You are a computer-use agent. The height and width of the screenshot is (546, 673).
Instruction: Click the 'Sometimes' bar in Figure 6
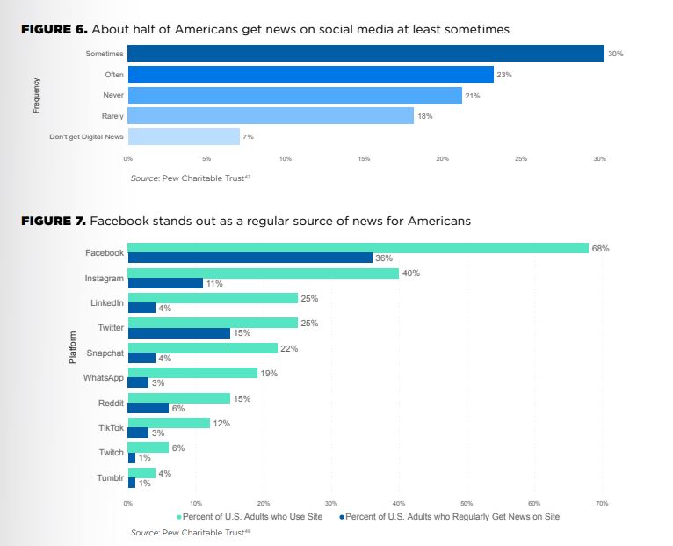[365, 54]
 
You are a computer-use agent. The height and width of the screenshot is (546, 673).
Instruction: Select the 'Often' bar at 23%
[310, 75]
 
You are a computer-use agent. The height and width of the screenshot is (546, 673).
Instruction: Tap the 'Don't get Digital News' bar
[184, 136]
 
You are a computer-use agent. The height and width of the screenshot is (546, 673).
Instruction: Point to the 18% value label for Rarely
[425, 116]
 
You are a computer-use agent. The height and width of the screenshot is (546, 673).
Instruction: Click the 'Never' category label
[113, 95]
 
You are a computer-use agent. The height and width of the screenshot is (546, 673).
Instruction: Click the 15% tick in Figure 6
[364, 158]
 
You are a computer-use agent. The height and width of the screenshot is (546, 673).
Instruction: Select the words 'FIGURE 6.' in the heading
[53, 30]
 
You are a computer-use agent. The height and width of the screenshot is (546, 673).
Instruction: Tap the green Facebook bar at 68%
[358, 248]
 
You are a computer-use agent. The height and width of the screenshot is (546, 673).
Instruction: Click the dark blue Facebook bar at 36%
[250, 258]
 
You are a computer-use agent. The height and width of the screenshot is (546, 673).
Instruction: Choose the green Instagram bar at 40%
[263, 273]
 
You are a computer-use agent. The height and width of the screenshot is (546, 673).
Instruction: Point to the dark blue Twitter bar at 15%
[178, 332]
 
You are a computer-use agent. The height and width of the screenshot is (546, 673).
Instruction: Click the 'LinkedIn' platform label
[107, 302]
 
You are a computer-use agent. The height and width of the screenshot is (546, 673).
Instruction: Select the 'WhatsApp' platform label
[104, 377]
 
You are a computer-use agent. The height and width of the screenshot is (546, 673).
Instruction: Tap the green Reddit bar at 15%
[178, 398]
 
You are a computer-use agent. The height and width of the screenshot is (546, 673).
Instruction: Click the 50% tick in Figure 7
[467, 503]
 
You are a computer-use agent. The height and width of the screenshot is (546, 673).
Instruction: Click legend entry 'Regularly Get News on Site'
[452, 516]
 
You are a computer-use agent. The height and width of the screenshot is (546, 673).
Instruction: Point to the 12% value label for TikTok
[221, 424]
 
